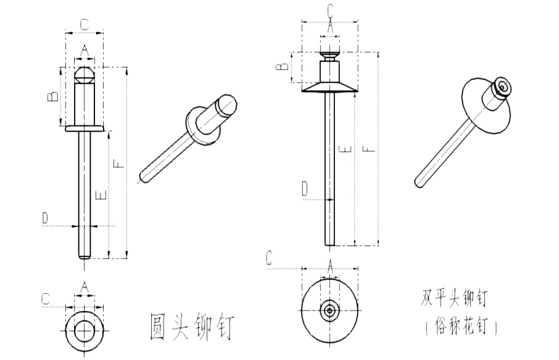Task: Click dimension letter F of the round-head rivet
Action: [x=119, y=163]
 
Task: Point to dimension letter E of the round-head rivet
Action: [x=102, y=194]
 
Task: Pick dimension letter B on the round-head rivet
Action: [x=54, y=96]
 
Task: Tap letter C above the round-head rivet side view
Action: [x=85, y=25]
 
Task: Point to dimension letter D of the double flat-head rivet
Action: [x=304, y=189]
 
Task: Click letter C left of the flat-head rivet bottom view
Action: [x=268, y=258]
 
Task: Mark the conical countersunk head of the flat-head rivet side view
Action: [x=330, y=86]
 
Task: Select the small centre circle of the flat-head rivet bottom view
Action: [x=330, y=310]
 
